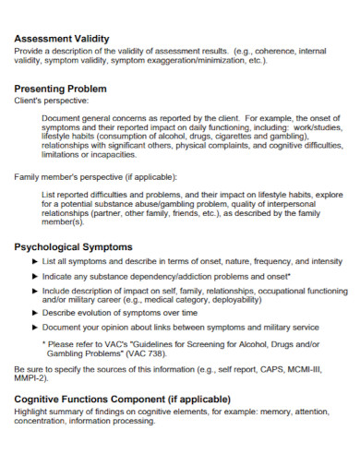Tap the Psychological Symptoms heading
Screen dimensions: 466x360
pos(74,247)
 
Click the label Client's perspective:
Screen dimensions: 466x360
pos(52,100)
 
